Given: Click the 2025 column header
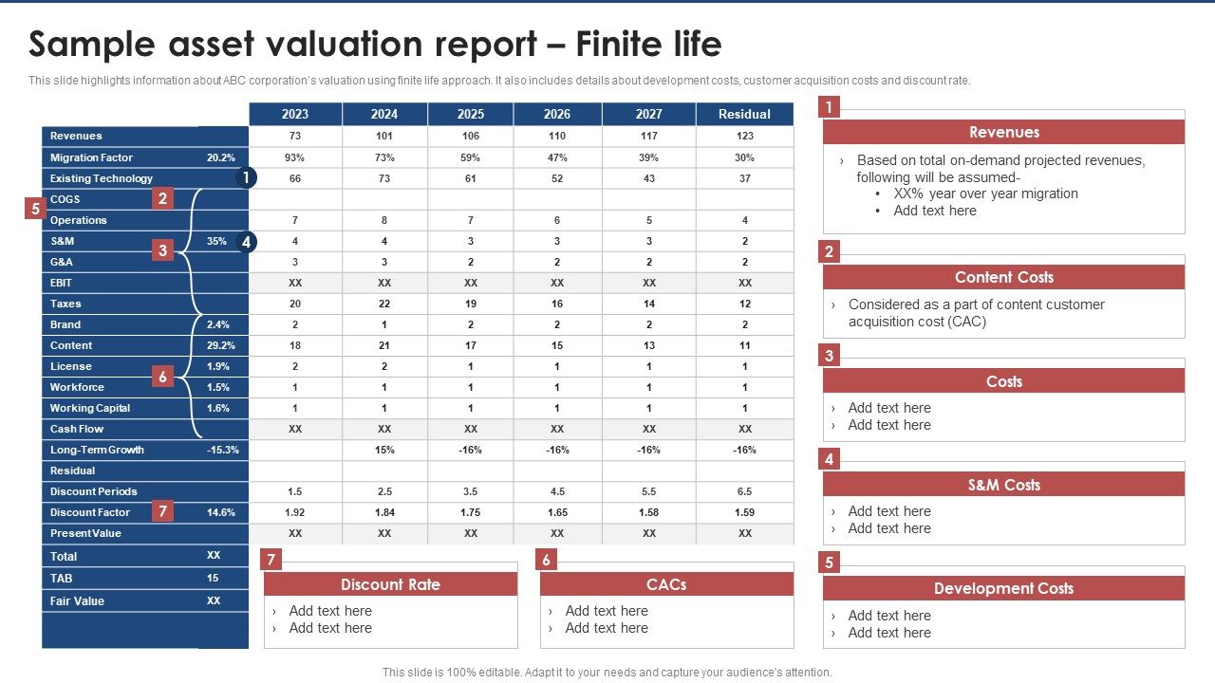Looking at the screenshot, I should [470, 114].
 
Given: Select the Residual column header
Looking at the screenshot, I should [744, 114].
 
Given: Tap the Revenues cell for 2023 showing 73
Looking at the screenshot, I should [295, 136].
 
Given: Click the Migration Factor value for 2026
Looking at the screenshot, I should [557, 157].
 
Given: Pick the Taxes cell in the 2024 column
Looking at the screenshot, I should [384, 304].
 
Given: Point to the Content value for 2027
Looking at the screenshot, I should [648, 345].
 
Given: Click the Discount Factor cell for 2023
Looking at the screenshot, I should [295, 512].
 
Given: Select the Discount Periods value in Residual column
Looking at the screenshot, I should [744, 491].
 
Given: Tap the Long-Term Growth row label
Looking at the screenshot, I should [97, 450].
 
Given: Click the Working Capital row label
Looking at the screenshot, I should [90, 408].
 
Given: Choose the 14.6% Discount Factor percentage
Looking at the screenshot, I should [220, 512].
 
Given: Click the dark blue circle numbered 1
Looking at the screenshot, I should [246, 177].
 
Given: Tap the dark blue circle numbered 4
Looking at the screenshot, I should [246, 242].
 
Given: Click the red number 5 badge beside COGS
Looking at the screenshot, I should [34, 209].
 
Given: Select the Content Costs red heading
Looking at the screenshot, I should [1003, 277].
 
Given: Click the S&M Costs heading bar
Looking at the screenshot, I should [1003, 485].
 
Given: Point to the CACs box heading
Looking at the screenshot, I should [666, 584].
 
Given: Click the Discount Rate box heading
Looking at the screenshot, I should [390, 584].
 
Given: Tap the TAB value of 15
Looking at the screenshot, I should [213, 578].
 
